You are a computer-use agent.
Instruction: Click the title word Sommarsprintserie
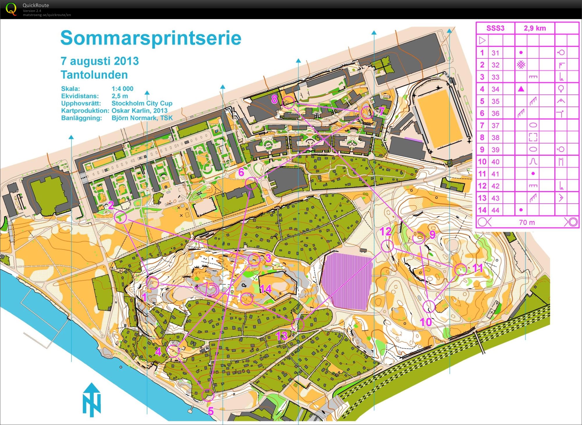coord(151,38)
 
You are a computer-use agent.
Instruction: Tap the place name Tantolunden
coord(94,75)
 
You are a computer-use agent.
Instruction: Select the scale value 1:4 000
coord(122,89)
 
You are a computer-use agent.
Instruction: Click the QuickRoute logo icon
coord(11,9)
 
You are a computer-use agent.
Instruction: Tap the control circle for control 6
coord(251,183)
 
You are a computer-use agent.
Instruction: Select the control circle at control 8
coord(289,102)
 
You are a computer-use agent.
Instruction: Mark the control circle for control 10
coord(429,306)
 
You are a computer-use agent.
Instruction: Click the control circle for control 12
coord(387,246)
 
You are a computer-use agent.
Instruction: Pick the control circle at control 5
coord(208,395)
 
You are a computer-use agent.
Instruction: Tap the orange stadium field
coord(439,119)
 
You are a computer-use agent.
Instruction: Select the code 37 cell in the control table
coord(495,125)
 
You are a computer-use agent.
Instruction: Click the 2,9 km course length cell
coord(535,28)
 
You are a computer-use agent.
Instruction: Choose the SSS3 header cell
coord(495,28)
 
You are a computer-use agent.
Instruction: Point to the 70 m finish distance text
coord(527,223)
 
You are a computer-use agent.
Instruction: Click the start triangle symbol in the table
coord(482,40)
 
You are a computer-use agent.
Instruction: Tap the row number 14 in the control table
coord(482,210)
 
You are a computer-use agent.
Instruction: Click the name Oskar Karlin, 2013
coord(140,111)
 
